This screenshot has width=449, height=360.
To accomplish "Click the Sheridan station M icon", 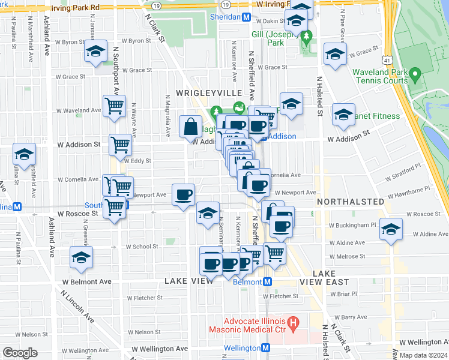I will pyautogui.click(x=246, y=17).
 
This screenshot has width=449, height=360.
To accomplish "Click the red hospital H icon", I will pyautogui.click(x=293, y=324).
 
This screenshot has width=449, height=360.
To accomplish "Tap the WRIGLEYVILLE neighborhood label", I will pyautogui.click(x=208, y=93).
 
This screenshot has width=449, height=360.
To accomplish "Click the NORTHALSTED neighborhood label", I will pyautogui.click(x=350, y=202).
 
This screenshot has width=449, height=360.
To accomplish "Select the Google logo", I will pyautogui.click(x=20, y=352).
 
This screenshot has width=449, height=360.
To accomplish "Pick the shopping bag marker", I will pyautogui.click(x=190, y=127).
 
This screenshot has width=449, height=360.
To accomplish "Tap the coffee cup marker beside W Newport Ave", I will pyautogui.click(x=184, y=194).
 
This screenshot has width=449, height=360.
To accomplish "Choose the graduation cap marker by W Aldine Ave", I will pyautogui.click(x=391, y=230).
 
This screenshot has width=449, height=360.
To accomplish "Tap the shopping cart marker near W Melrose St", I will pyautogui.click(x=274, y=253).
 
